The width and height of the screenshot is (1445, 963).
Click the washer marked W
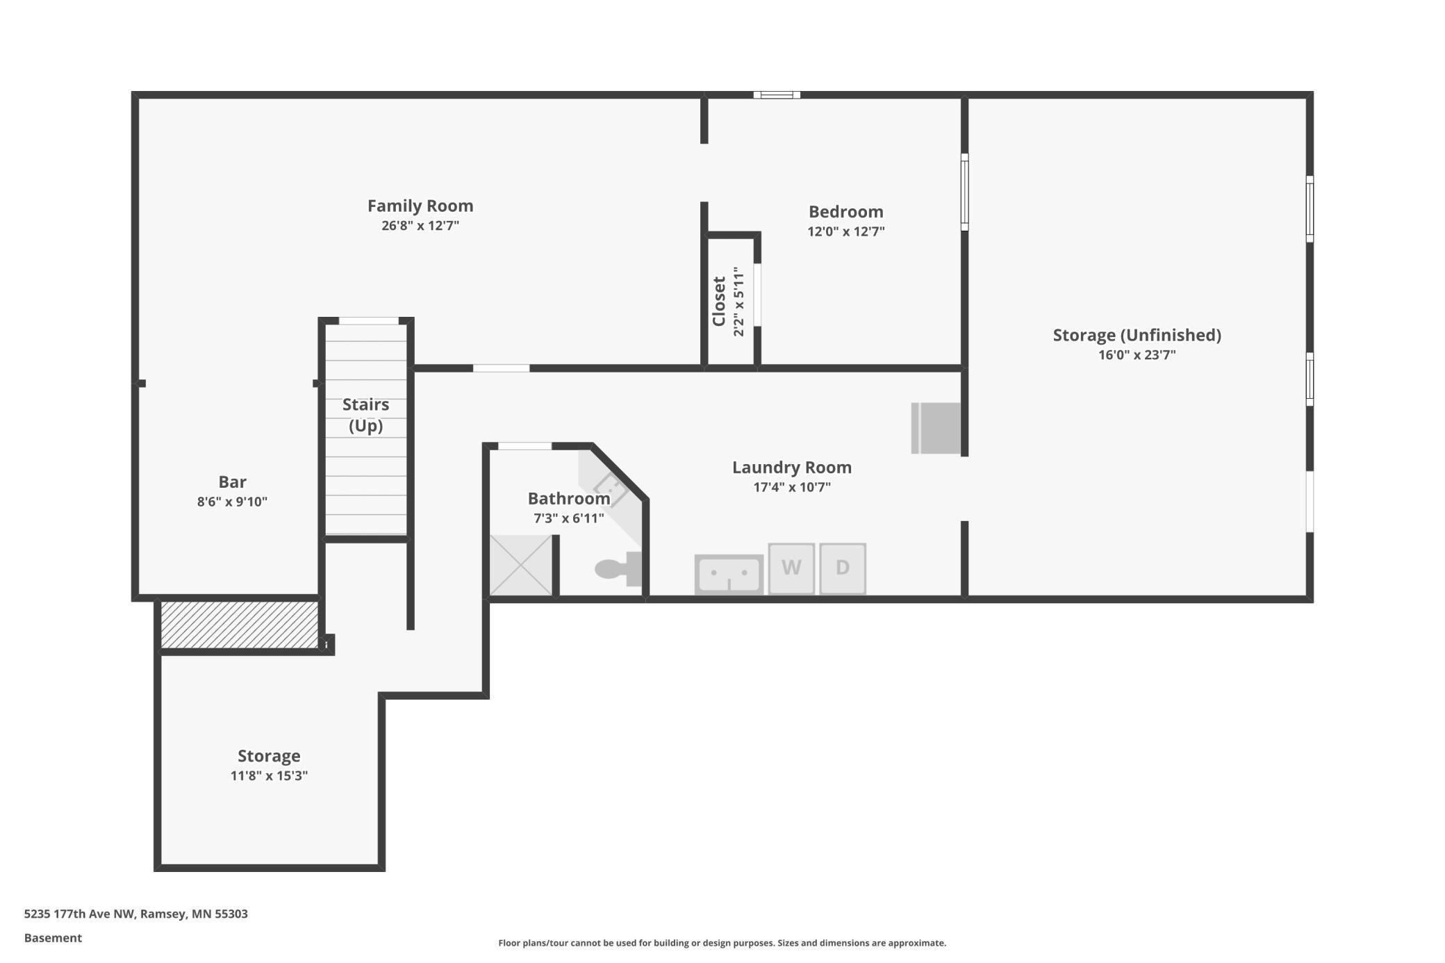791,568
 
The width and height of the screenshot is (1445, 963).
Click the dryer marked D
843,568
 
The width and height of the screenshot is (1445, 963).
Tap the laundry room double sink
729,575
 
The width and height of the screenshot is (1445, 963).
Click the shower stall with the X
520,565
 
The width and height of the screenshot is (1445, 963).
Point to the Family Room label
420,206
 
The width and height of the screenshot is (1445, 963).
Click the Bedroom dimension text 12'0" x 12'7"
845,231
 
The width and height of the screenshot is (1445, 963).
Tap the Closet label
719,301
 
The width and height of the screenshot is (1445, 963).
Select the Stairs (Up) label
365,415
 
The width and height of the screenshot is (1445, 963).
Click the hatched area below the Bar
239,625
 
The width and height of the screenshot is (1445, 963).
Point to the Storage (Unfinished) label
1137,335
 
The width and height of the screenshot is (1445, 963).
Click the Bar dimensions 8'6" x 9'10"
232,502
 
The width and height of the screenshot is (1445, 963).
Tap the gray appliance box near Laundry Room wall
936,428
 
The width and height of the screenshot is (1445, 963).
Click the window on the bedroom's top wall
777,95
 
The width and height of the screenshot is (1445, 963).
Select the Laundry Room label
791,468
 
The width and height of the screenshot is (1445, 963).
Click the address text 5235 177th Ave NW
135,914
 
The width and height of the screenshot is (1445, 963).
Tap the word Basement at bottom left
53,938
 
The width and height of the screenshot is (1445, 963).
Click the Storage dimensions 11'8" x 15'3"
269,775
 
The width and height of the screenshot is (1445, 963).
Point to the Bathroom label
568,499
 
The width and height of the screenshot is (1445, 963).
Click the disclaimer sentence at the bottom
722,943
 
